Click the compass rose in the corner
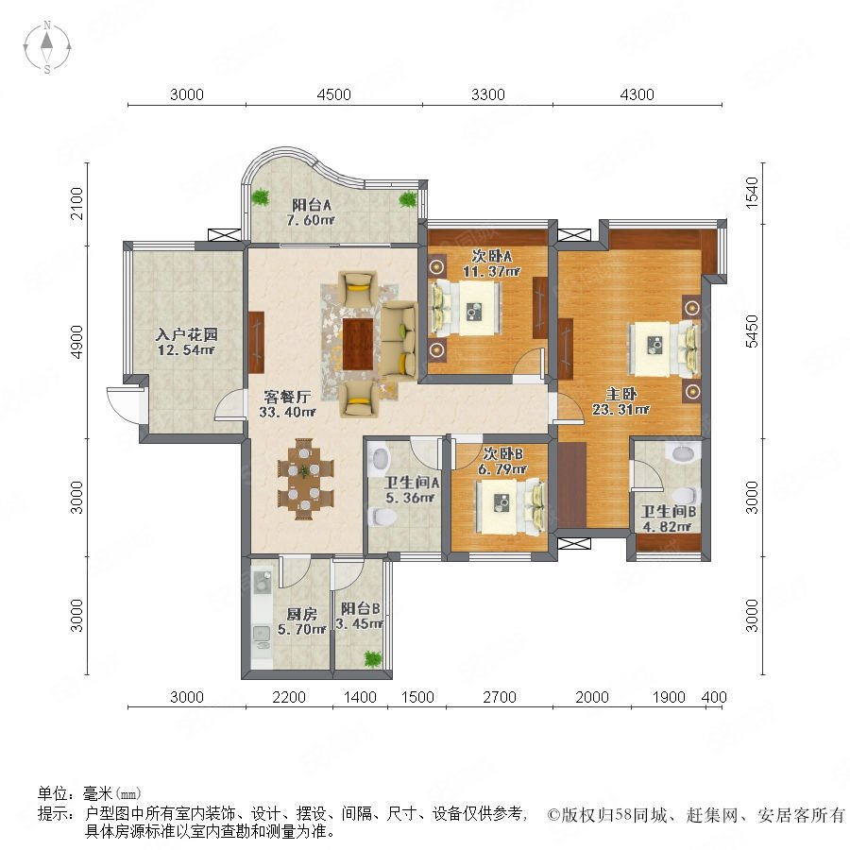(x=47, y=47)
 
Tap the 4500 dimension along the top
(x=334, y=94)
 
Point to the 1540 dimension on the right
(x=753, y=193)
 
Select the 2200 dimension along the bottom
(x=289, y=697)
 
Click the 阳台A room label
(x=311, y=205)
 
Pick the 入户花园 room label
(x=186, y=334)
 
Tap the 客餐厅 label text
(x=287, y=397)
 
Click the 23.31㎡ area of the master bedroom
(x=620, y=410)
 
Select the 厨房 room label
(x=302, y=614)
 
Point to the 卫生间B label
(x=669, y=511)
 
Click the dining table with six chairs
(x=305, y=479)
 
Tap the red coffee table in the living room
(x=358, y=344)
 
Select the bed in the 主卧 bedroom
(x=664, y=348)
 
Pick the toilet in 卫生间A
(x=382, y=516)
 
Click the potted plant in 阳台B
(x=373, y=659)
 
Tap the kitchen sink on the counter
(x=262, y=633)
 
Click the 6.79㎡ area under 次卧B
(x=502, y=468)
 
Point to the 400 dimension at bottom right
(x=714, y=697)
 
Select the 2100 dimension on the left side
(x=77, y=203)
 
